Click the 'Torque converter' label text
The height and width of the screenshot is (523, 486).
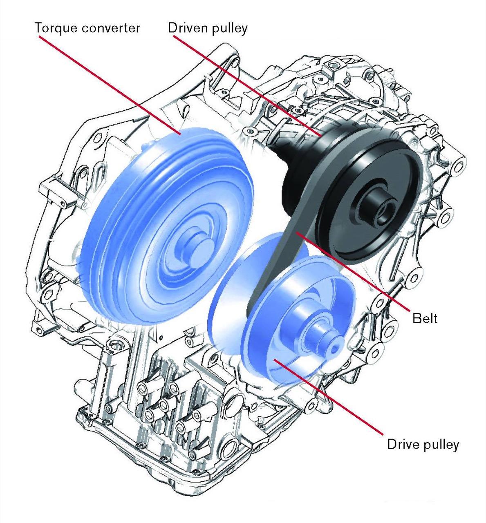(87, 28)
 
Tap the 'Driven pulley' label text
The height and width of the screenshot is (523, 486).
(208, 28)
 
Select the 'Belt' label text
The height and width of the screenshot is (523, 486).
(425, 318)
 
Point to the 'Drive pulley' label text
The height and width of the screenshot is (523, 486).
(423, 444)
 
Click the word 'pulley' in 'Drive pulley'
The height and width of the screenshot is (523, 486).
(441, 444)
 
